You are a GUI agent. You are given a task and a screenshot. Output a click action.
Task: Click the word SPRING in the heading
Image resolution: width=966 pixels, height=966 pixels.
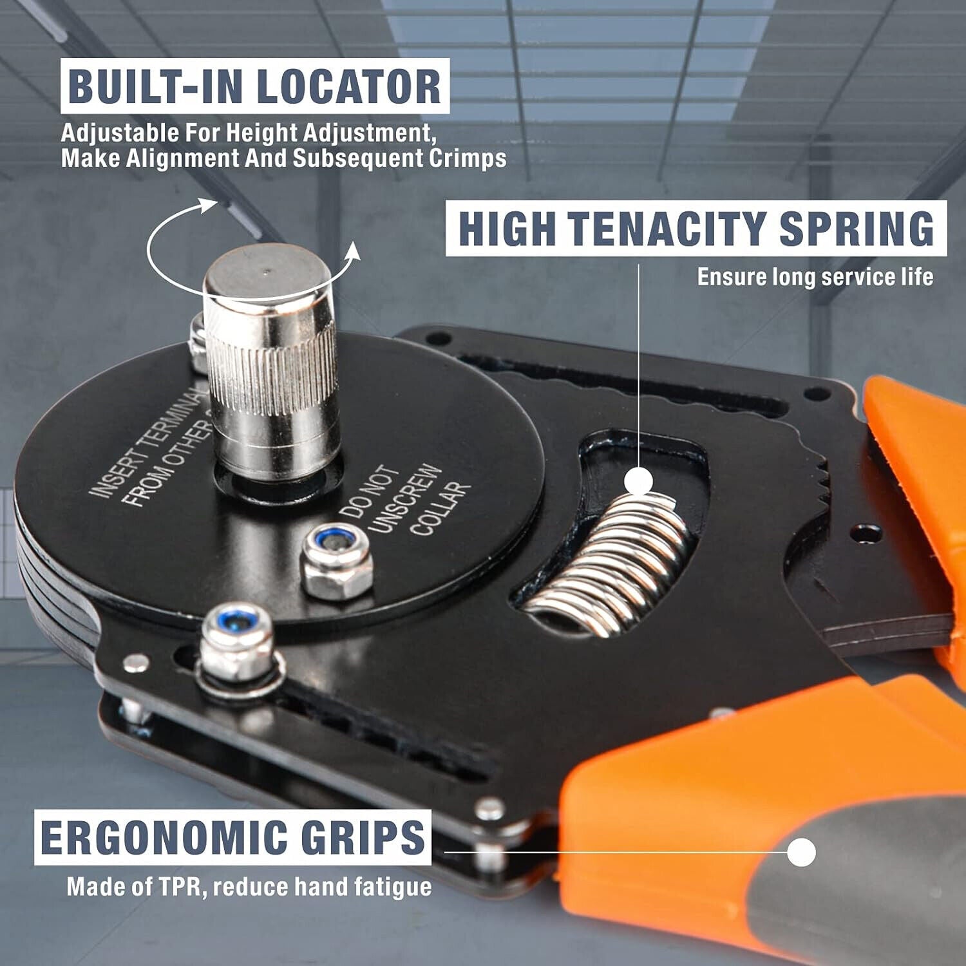pyautogui.click(x=857, y=228)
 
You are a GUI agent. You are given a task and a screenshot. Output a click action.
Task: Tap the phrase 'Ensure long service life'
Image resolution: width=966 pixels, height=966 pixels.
pyautogui.click(x=815, y=277)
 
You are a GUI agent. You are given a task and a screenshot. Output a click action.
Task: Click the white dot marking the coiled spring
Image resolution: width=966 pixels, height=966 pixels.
pyautogui.click(x=639, y=481)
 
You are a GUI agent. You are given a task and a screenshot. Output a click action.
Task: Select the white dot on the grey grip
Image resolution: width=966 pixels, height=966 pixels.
pyautogui.click(x=801, y=853)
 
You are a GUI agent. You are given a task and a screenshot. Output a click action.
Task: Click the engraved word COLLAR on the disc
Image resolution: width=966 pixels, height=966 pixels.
pyautogui.click(x=440, y=509)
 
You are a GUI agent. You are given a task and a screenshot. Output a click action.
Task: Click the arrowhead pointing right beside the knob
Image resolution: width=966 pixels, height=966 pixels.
pyautogui.click(x=353, y=252)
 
